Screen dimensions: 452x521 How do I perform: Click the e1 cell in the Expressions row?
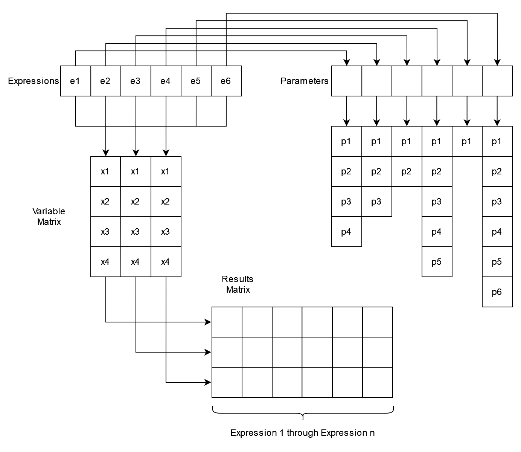(75, 81)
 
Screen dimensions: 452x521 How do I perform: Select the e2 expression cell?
(105, 81)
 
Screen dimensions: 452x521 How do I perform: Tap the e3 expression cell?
(136, 81)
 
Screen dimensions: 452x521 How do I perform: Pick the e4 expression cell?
(166, 81)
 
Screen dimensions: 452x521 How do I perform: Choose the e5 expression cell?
(196, 81)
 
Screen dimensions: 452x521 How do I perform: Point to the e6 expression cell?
(226, 81)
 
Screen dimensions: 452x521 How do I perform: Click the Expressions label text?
(34, 81)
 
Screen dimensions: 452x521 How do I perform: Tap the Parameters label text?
(304, 81)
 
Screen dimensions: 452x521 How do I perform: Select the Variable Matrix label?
(49, 217)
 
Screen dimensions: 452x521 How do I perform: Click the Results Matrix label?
(238, 284)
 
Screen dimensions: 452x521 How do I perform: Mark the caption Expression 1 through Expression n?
(302, 433)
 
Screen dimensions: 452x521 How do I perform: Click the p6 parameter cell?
(497, 292)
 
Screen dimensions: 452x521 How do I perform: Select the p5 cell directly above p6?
(497, 262)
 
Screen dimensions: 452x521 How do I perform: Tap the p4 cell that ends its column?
(346, 232)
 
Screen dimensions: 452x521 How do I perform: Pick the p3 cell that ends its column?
(376, 202)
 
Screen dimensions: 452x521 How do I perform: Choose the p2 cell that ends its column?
(407, 171)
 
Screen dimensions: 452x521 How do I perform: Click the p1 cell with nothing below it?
(467, 141)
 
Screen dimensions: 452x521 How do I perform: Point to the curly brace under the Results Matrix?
(303, 412)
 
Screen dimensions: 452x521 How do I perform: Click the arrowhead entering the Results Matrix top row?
(208, 322)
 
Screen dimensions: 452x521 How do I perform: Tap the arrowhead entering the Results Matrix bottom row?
(208, 382)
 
